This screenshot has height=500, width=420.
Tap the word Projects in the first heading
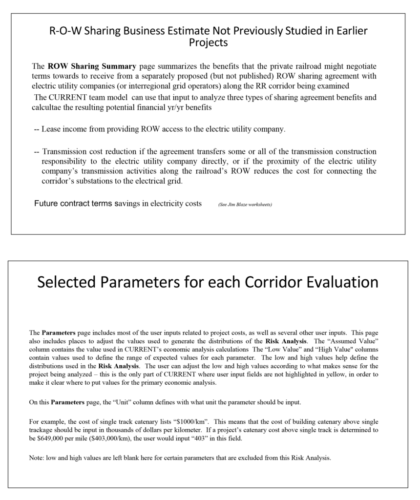[209, 43]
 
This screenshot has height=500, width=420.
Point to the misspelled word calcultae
[49, 107]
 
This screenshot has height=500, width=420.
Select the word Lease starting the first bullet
[51, 129]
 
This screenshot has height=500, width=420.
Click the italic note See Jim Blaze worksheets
[245, 205]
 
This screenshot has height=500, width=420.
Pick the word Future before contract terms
[46, 204]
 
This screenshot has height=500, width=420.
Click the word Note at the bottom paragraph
[37, 458]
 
